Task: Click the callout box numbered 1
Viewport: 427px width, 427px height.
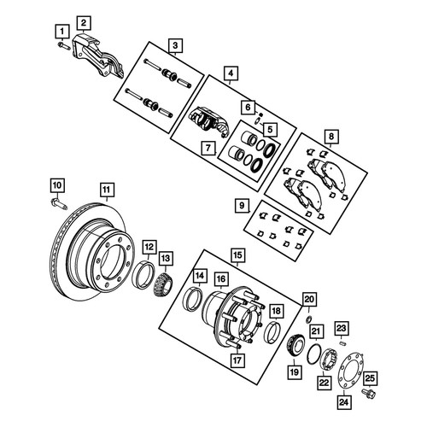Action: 62,31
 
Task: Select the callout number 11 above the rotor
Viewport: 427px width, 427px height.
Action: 107,190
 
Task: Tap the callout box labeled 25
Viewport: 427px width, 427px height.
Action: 370,378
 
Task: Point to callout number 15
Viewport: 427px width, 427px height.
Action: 237,255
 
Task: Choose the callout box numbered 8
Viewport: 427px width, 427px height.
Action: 331,137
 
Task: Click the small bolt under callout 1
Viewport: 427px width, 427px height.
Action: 64,45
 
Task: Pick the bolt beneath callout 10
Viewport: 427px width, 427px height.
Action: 59,204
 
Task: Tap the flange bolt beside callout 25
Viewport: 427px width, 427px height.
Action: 369,394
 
